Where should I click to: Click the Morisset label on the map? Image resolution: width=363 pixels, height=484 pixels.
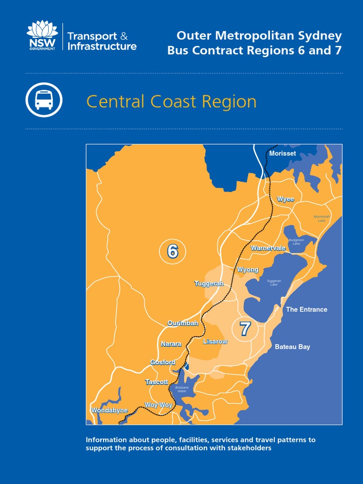(x=282, y=154)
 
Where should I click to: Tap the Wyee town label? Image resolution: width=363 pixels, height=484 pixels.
(x=285, y=199)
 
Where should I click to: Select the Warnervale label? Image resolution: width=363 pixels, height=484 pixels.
(x=268, y=248)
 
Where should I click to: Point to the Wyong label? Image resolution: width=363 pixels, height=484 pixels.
(x=248, y=269)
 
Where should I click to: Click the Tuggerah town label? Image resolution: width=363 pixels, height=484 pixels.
(x=208, y=284)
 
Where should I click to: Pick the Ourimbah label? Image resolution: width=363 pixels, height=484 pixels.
(x=182, y=323)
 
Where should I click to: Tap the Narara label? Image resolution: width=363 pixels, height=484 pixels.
(x=171, y=344)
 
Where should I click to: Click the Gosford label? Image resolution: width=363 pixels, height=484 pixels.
(x=163, y=362)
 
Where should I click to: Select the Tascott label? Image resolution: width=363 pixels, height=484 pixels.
(x=156, y=382)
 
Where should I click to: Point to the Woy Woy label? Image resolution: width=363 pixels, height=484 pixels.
(x=158, y=405)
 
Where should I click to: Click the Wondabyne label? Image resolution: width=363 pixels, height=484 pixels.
(x=109, y=410)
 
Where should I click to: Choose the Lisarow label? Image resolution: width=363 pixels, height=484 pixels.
(x=215, y=341)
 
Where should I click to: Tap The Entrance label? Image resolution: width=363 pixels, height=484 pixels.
(x=306, y=310)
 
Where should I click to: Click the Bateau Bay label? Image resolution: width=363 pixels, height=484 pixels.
(x=293, y=347)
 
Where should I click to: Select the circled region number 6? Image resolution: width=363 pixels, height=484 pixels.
(x=173, y=252)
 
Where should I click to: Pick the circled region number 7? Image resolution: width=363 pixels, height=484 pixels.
(x=245, y=329)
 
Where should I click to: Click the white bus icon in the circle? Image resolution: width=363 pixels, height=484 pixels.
(x=44, y=100)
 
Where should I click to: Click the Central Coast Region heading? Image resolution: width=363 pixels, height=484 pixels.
(x=171, y=102)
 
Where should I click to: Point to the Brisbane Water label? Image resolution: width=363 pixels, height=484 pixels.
(x=182, y=389)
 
